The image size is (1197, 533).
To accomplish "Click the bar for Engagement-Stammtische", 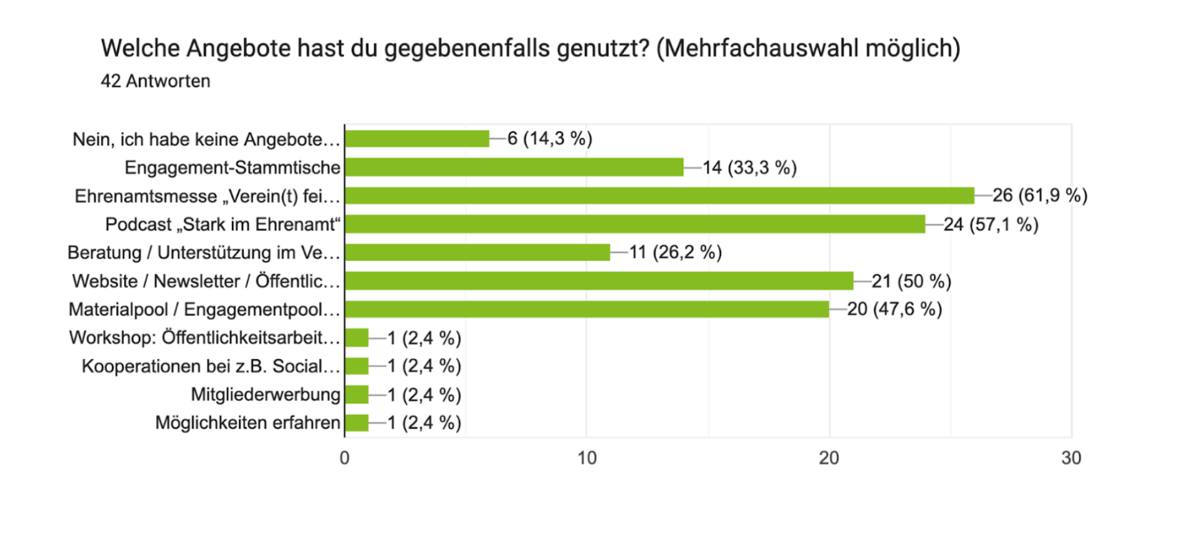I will click(x=514, y=167).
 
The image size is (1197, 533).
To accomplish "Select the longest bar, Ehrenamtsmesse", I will click(x=659, y=195).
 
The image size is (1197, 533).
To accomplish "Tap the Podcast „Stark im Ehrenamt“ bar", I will click(x=635, y=224).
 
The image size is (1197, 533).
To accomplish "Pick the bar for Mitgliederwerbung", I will click(x=357, y=394).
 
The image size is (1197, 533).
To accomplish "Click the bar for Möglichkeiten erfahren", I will click(x=357, y=423).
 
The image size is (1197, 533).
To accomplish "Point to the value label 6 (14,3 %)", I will click(x=549, y=139).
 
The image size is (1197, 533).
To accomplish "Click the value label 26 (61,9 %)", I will click(x=1039, y=195).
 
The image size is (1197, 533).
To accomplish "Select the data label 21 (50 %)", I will click(x=911, y=281).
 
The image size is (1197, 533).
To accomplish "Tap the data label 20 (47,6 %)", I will click(x=894, y=309).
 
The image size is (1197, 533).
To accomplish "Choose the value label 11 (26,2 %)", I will click(x=675, y=252).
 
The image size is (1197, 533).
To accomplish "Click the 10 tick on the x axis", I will click(x=587, y=458).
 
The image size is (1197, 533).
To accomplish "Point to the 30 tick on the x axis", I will click(x=1071, y=458).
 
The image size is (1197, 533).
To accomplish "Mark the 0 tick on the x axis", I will click(x=345, y=458).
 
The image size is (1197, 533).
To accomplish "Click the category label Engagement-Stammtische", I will click(x=233, y=167).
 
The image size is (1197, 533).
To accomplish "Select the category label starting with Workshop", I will click(x=204, y=338).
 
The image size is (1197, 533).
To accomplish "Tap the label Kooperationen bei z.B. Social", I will click(x=211, y=366).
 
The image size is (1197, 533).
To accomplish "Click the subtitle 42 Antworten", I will click(x=155, y=81).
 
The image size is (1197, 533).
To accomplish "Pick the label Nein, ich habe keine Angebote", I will click(x=206, y=139).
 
